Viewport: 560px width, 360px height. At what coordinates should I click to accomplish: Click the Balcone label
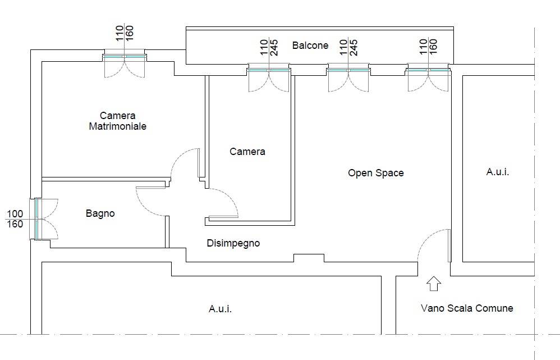pyautogui.click(x=310, y=45)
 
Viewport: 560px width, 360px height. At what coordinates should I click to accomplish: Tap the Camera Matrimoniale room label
pyautogui.click(x=117, y=121)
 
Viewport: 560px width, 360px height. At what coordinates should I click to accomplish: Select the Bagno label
pyautogui.click(x=100, y=213)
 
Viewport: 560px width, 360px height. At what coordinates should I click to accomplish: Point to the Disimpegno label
pyautogui.click(x=233, y=243)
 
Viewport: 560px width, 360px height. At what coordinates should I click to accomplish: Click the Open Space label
pyautogui.click(x=376, y=173)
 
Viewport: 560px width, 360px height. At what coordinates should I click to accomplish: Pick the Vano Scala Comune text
pyautogui.click(x=467, y=308)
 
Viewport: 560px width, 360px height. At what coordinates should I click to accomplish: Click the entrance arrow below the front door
pyautogui.click(x=434, y=283)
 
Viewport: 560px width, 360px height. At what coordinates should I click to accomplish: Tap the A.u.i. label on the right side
pyautogui.click(x=498, y=172)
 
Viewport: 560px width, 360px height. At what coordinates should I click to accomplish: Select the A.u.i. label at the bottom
pyautogui.click(x=220, y=308)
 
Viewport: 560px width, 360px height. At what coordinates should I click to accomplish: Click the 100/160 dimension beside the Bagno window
pyautogui.click(x=15, y=219)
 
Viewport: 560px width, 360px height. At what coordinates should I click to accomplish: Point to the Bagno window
pyautogui.click(x=37, y=219)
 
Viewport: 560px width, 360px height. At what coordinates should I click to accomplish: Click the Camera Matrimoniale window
pyautogui.click(x=125, y=57)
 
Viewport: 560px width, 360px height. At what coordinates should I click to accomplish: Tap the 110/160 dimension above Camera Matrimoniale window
pyautogui.click(x=125, y=33)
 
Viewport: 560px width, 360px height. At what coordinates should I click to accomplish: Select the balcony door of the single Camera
pyautogui.click(x=269, y=70)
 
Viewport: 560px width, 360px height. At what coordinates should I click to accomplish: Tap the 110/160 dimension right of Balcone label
pyautogui.click(x=429, y=47)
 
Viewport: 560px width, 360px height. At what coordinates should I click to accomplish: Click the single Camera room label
pyautogui.click(x=247, y=152)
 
